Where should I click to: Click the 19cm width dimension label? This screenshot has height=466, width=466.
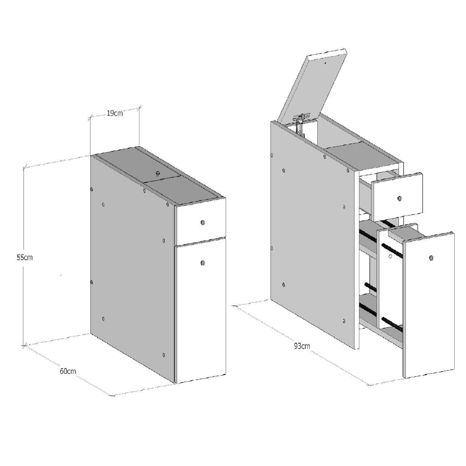[115, 113]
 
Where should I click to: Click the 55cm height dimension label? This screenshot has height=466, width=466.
[25, 257]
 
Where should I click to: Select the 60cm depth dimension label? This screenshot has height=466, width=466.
[68, 371]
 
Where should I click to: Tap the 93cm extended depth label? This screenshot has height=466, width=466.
[302, 346]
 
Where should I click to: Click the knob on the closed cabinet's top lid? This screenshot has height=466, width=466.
[158, 173]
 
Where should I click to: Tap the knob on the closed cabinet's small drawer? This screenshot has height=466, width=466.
[203, 222]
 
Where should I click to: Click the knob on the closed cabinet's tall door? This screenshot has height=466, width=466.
[203, 263]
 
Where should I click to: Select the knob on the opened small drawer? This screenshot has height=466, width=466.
[399, 198]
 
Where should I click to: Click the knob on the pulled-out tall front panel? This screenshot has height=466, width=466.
[431, 258]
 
